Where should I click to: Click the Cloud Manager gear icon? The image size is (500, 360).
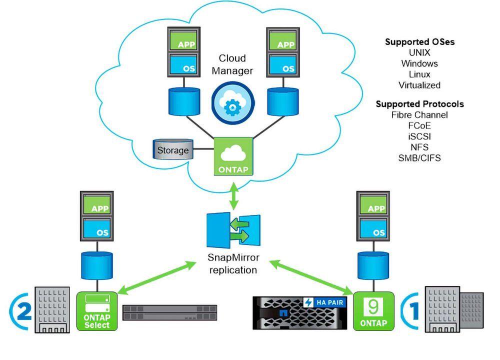233,102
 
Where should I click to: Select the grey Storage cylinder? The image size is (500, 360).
173,149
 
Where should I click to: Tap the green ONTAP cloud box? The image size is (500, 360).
233,156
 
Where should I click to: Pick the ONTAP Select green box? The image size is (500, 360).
97,311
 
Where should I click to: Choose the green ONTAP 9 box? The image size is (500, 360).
373,311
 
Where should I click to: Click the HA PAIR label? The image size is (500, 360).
324,302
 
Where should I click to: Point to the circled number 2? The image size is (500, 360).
21,311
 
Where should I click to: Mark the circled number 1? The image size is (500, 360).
410,311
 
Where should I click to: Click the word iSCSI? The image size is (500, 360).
419,136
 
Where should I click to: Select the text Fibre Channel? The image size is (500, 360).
419,115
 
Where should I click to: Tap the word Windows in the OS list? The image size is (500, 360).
419,63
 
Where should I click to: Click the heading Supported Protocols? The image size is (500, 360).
419,104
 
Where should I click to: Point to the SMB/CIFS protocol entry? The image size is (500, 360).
419,158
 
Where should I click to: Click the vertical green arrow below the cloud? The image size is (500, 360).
234,196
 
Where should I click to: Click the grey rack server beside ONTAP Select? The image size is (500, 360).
169,312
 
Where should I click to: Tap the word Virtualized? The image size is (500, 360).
419,85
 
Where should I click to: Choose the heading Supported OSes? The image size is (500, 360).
419,42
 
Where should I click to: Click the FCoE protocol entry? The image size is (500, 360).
419,125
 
